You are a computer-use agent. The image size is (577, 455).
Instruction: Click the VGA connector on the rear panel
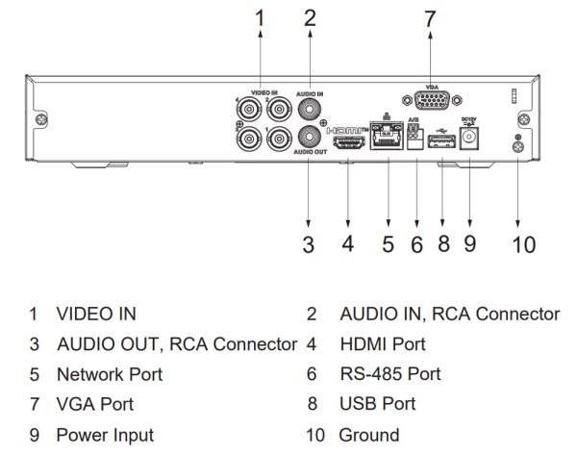431,100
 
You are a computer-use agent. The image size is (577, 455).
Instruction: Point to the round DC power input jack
470,141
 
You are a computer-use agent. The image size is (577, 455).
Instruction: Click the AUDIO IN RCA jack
310,108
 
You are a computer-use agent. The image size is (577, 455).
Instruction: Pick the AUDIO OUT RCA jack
310,136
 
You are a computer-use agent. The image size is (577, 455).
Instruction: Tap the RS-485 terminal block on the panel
415,142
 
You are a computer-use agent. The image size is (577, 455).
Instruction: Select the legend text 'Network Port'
110,374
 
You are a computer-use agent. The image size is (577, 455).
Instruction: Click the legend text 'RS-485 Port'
389,374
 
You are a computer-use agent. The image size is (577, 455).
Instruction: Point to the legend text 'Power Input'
105,435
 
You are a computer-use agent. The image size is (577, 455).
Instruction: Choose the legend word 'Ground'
370,435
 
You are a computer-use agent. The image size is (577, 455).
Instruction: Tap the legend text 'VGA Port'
95,404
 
